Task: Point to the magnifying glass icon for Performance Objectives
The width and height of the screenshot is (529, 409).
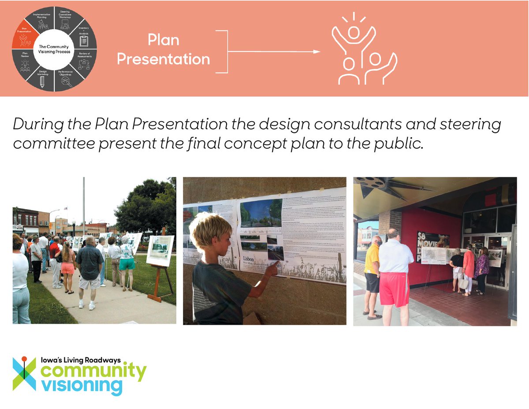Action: [x=67, y=82]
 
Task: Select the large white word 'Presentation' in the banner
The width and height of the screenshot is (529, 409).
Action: [x=164, y=59]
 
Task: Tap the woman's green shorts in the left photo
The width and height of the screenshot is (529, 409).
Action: [x=127, y=263]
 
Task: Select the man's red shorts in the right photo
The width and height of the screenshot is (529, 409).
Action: [x=395, y=289]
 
